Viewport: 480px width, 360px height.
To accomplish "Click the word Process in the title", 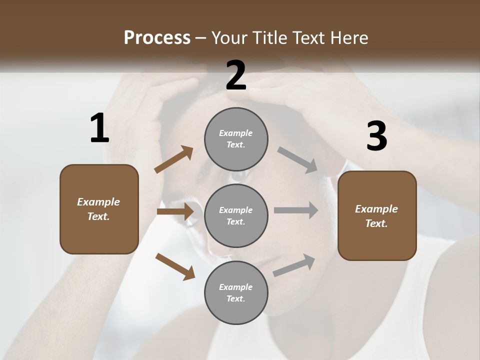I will [157, 37].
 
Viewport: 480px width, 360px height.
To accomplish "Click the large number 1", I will [99, 128].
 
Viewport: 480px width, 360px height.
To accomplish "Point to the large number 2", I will [236, 75].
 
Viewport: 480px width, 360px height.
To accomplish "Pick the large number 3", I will [376, 136].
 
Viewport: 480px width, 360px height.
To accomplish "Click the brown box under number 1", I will [99, 209].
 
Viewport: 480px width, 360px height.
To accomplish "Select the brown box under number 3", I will [377, 216].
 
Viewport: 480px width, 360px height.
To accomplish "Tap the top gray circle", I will [236, 139].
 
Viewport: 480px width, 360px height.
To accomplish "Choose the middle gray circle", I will [236, 215].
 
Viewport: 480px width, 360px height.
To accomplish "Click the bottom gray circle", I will [236, 292].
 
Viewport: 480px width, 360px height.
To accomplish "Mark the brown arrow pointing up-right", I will [174, 160].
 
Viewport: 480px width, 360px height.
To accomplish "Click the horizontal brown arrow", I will [175, 211].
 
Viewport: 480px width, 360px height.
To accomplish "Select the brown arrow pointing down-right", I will [175, 266].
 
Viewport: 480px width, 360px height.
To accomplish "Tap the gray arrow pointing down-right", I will [297, 160].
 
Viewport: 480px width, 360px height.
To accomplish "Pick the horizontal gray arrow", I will [296, 210].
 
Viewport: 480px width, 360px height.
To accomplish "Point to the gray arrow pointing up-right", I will [294, 265].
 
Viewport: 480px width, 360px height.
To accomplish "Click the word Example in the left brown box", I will [98, 202].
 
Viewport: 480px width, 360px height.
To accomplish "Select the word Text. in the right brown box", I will [376, 223].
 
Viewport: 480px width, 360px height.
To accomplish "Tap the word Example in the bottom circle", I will [236, 287].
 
